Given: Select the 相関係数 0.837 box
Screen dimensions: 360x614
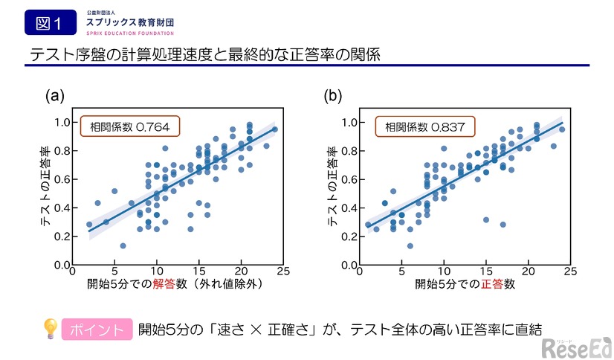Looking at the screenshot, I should (424, 127).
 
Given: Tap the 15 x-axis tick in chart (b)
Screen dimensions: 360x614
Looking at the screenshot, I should (485, 272).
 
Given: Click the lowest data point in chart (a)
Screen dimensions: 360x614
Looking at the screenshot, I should (123, 245).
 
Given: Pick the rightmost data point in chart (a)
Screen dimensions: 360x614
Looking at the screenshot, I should (274, 129).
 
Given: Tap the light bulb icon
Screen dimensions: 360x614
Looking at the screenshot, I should (50, 328).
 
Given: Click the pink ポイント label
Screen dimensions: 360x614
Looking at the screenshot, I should (95, 329).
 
